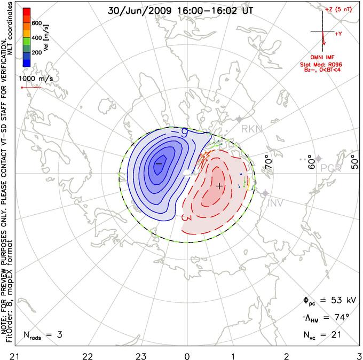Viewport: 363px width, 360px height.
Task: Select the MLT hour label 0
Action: (187, 355)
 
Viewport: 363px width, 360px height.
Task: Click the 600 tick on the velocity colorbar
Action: (37, 23)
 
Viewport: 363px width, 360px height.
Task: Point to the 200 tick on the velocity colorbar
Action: (37, 53)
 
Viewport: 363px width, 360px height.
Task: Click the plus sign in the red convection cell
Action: (219, 186)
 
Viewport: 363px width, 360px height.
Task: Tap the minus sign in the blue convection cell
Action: (158, 162)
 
